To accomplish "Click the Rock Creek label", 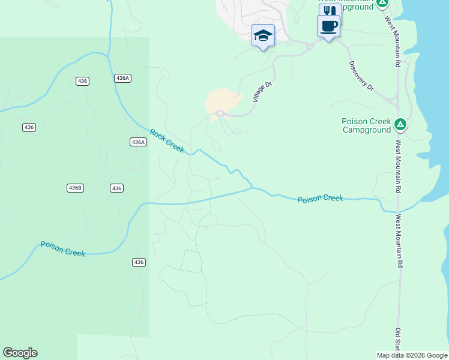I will tap(167, 141).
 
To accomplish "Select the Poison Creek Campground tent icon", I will tap(400, 125).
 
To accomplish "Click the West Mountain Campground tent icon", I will tap(382, 3).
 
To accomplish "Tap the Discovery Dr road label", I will tap(361, 76).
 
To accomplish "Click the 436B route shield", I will tap(75, 188).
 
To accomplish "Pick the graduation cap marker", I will tap(263, 35).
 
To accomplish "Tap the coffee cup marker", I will tap(328, 27).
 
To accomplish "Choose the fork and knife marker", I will tap(330, 11).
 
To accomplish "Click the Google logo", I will tap(20, 353).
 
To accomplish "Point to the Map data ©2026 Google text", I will tap(412, 355).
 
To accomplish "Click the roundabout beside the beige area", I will tap(220, 113).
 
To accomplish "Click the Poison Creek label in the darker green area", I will tap(63, 248).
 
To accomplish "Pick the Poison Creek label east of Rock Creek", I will tap(321, 198).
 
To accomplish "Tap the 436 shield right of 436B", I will tap(116, 188).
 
